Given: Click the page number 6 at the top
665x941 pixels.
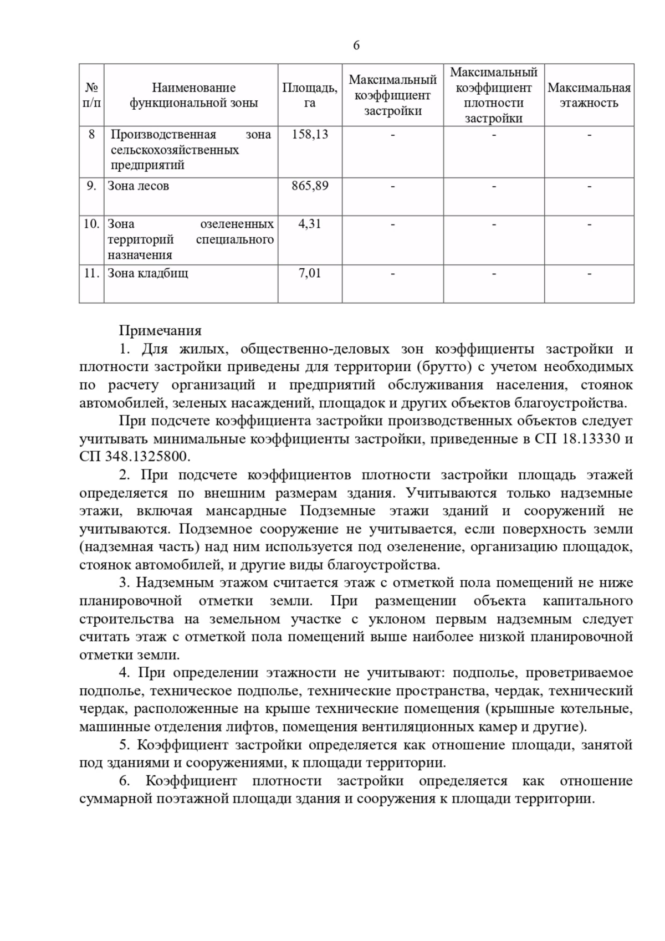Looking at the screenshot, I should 356,45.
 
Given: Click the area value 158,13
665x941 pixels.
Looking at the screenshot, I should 310,134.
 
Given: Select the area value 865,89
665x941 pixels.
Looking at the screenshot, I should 310,186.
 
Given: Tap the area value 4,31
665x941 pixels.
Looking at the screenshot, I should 310,224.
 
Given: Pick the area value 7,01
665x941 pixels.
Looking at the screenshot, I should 310,273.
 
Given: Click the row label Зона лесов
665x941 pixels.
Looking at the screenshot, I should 138,186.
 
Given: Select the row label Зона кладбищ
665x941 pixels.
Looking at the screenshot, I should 147,273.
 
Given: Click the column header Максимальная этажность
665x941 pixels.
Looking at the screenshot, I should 589,95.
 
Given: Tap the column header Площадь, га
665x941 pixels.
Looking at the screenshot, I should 310,95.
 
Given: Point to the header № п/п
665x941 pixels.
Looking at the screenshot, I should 91,95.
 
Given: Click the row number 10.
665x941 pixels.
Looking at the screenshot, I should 91,224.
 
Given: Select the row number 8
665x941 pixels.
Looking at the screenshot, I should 91,134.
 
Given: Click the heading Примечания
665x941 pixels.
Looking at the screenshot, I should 160,331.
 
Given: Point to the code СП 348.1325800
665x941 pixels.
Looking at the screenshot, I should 135,457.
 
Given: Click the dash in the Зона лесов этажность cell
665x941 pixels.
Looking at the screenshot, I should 589,186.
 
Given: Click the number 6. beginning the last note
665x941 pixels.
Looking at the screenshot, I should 124,781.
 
